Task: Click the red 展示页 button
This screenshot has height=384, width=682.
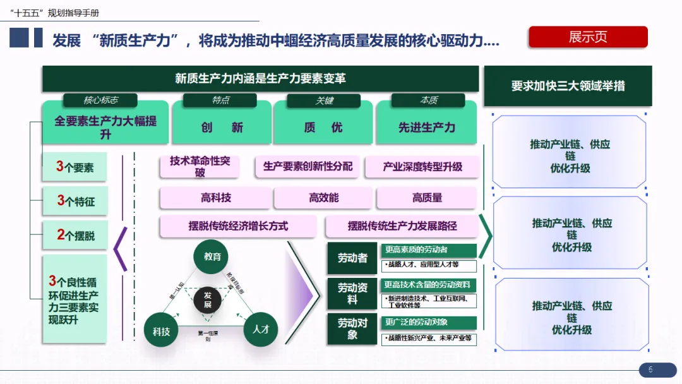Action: [588, 37]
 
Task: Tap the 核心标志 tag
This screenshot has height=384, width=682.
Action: [100, 100]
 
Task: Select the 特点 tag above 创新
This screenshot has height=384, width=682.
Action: [220, 100]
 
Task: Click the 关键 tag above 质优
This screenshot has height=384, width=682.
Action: [324, 100]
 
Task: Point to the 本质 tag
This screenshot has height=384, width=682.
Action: [428, 100]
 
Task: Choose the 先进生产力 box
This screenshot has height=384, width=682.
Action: [427, 128]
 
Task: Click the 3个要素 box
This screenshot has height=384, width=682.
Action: [75, 167]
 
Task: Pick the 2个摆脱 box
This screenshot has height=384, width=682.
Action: [75, 236]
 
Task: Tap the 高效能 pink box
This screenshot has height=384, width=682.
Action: [323, 198]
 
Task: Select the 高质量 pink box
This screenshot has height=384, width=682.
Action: [427, 198]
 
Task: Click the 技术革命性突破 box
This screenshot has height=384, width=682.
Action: [200, 167]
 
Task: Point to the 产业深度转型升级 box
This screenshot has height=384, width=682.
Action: [422, 167]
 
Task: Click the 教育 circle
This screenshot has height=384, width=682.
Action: [212, 256]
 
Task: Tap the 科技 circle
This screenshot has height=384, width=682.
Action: [161, 330]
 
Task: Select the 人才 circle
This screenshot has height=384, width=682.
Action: [261, 329]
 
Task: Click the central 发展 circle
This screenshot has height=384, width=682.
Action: [207, 300]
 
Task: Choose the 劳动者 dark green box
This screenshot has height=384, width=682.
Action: [352, 258]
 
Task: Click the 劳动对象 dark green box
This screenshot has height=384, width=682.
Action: [352, 328]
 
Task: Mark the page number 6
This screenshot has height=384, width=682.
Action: [650, 370]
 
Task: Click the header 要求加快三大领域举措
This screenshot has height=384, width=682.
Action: [568, 86]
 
